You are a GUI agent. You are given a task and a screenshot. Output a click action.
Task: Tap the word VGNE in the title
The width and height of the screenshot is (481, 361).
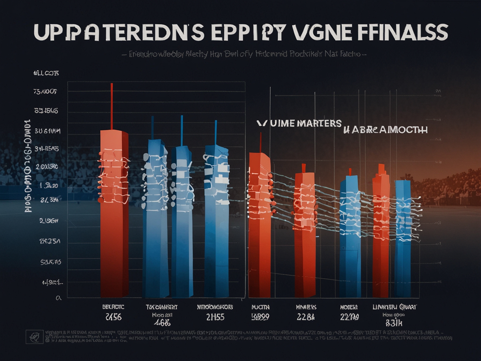click(321, 32)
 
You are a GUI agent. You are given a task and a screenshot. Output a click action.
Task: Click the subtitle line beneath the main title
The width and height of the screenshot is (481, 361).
click(244, 54)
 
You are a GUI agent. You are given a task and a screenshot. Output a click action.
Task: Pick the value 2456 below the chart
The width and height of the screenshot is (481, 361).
click(113, 317)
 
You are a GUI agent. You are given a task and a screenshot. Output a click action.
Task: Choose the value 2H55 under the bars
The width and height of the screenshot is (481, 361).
click(215, 317)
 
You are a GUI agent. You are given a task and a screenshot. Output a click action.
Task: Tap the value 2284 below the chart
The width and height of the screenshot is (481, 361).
click(306, 317)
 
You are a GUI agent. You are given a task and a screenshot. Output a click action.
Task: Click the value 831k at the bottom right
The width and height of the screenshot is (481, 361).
click(394, 322)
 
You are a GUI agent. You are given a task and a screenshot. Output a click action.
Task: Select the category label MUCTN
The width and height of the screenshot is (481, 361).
click(260, 307)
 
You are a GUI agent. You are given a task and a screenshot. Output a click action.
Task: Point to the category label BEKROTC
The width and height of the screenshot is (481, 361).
click(113, 307)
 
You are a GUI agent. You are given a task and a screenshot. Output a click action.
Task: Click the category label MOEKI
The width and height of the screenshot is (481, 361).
click(349, 307)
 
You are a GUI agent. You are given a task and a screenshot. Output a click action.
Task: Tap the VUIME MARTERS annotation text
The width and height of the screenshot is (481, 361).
click(299, 124)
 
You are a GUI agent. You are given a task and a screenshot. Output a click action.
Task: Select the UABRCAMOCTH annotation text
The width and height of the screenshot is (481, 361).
click(385, 130)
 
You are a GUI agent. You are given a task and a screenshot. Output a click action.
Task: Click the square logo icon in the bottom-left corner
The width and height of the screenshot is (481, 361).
click(35, 337)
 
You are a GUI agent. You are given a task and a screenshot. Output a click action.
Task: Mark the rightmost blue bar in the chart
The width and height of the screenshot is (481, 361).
click(403, 239)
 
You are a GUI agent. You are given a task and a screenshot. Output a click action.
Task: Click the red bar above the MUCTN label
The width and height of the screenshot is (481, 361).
click(259, 226)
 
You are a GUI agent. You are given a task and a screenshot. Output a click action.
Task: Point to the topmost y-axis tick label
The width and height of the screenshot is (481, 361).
click(46, 73)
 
